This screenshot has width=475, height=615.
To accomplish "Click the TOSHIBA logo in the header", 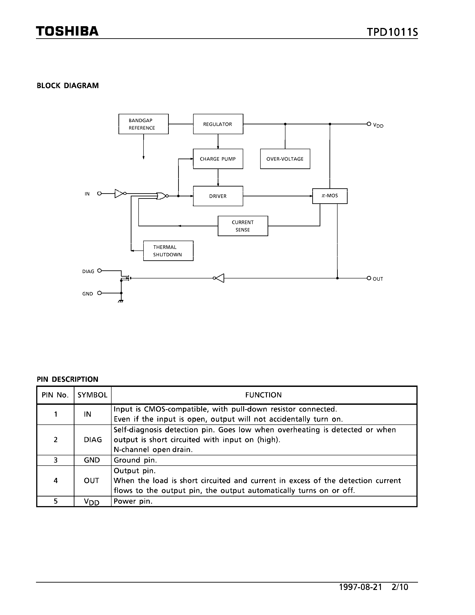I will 67,31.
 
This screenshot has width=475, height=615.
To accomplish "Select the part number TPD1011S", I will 392,32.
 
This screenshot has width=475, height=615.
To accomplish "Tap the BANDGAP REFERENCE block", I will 144,124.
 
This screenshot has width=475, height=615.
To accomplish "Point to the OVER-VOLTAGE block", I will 285,159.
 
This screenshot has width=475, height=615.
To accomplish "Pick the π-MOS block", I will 330,196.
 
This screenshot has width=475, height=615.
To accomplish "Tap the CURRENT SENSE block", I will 243,226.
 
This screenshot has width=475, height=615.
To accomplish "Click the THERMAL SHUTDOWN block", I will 168,251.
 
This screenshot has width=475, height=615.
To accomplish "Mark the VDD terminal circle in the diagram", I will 369,124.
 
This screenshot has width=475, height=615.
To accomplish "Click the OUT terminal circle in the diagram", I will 369,278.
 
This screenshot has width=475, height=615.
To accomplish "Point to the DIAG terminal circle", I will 99,271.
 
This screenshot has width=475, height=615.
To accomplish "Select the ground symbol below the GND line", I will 121,301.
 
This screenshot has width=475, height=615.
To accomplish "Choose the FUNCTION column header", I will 263,395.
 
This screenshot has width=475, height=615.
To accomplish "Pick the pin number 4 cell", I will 55,481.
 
